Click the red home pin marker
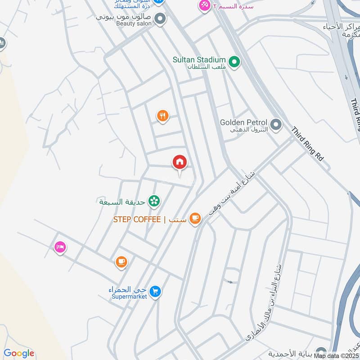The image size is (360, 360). pos(180,162)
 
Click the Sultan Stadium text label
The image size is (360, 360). pos(199,59)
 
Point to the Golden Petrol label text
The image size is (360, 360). pos(243,122)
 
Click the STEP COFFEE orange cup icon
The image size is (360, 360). pos(194,219)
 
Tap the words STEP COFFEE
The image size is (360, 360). pos(137,219)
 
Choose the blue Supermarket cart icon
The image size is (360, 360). pos(155,292)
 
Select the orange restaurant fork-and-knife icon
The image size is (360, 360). pos(162,116)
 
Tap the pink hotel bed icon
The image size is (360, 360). pos(60,247)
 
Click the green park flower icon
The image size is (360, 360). pos(154,201)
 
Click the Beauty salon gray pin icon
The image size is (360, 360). pos(160,19)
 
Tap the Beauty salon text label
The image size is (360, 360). pos(132,23)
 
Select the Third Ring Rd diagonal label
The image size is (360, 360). pos(307,144)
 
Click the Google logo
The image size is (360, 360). pos(19,354)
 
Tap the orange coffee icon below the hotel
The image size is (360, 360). pos(121,261)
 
